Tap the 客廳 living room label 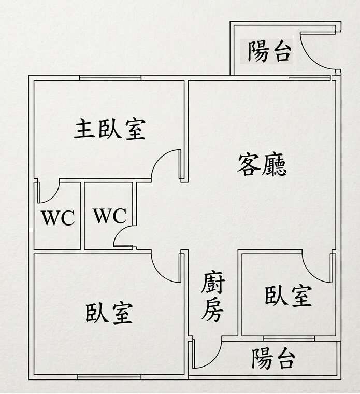(x=262, y=164)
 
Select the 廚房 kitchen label (x=212, y=296)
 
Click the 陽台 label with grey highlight (x=270, y=51)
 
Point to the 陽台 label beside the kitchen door (x=273, y=359)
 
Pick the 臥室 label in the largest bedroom (x=109, y=313)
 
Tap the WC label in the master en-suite (x=58, y=217)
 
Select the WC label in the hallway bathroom (x=110, y=216)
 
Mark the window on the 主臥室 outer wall (x=110, y=78)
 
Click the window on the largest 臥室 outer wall (x=109, y=377)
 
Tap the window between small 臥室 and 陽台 (x=289, y=339)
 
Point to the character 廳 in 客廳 (x=274, y=165)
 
